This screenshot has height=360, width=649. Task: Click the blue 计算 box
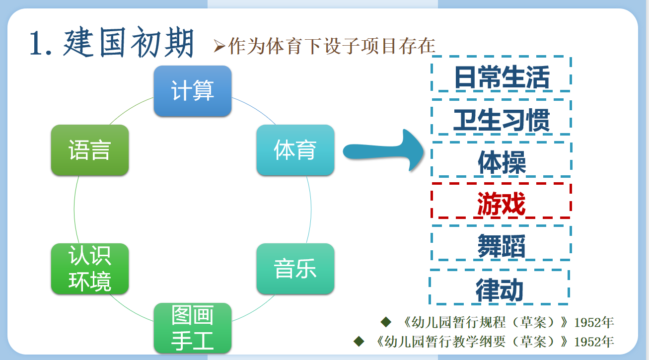coord(193,91)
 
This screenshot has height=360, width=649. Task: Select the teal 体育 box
coord(295,150)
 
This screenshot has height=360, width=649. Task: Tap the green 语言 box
coord(90,150)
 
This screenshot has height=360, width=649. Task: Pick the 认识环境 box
coord(90,269)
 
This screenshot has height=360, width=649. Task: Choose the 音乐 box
coord(295,269)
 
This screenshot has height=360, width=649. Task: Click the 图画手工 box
coord(193,328)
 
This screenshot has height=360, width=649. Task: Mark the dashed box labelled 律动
coord(500,288)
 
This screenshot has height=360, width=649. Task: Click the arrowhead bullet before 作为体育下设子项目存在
coord(219,46)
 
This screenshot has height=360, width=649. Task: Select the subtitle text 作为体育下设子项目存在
coord(332,46)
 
